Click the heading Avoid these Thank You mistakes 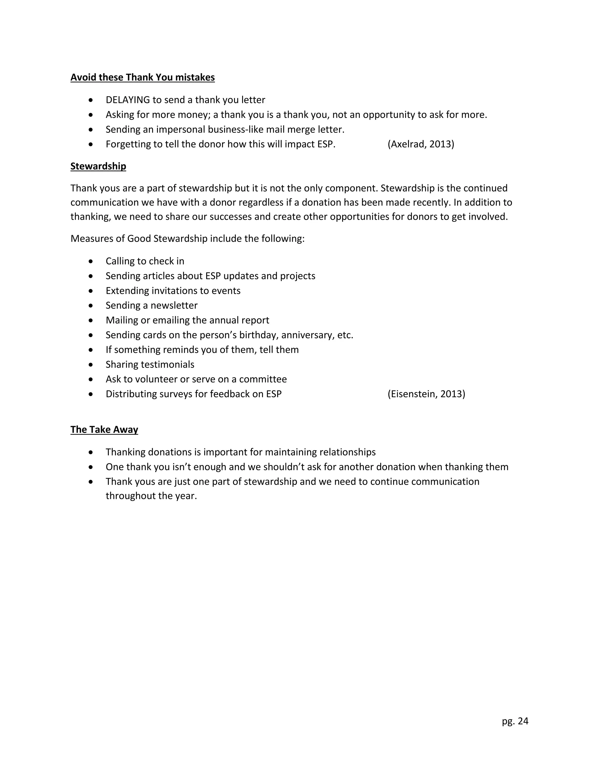coord(142,77)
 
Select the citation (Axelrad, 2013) coord(421,144)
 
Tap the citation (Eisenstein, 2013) coord(426,394)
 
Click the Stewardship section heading coord(98,166)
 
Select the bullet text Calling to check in coord(145,261)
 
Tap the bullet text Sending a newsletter coord(152,306)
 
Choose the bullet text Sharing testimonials coord(150,364)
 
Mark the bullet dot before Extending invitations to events coord(91,291)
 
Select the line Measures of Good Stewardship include coord(187,238)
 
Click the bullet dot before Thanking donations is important coord(91,452)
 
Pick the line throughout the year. coord(151,496)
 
